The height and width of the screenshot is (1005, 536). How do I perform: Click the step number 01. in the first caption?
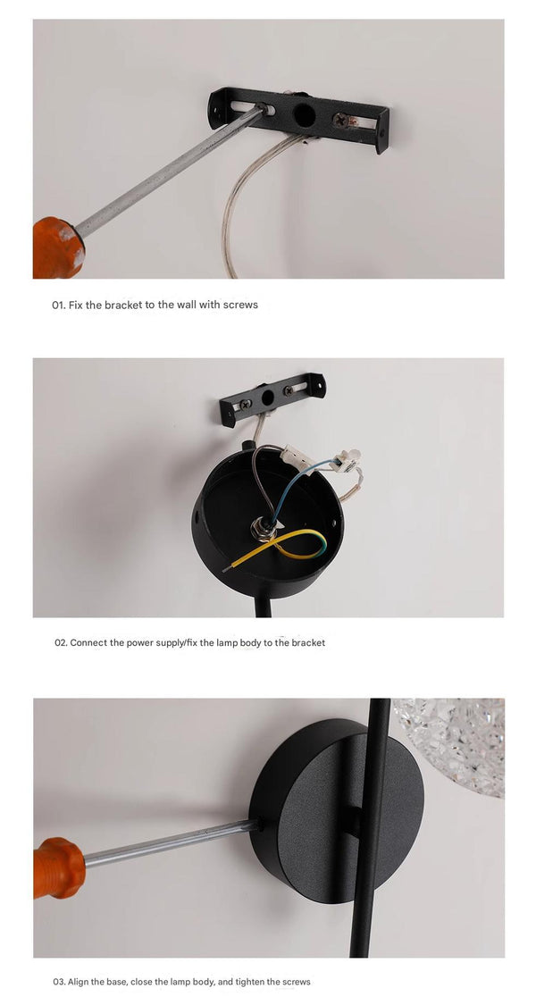pyautogui.click(x=58, y=305)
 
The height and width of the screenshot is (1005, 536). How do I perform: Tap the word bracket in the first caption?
pyautogui.click(x=123, y=305)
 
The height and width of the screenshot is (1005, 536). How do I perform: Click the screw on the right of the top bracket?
pyautogui.click(x=342, y=118)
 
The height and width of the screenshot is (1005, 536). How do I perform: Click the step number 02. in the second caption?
pyautogui.click(x=61, y=642)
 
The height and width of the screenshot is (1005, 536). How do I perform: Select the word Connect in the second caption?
pyautogui.click(x=88, y=642)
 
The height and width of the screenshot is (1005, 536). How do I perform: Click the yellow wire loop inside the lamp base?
pyautogui.click(x=295, y=543)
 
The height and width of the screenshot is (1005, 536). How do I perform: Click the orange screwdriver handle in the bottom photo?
pyautogui.click(x=58, y=867)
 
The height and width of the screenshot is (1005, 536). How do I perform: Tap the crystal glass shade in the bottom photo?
pyautogui.click(x=451, y=741)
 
